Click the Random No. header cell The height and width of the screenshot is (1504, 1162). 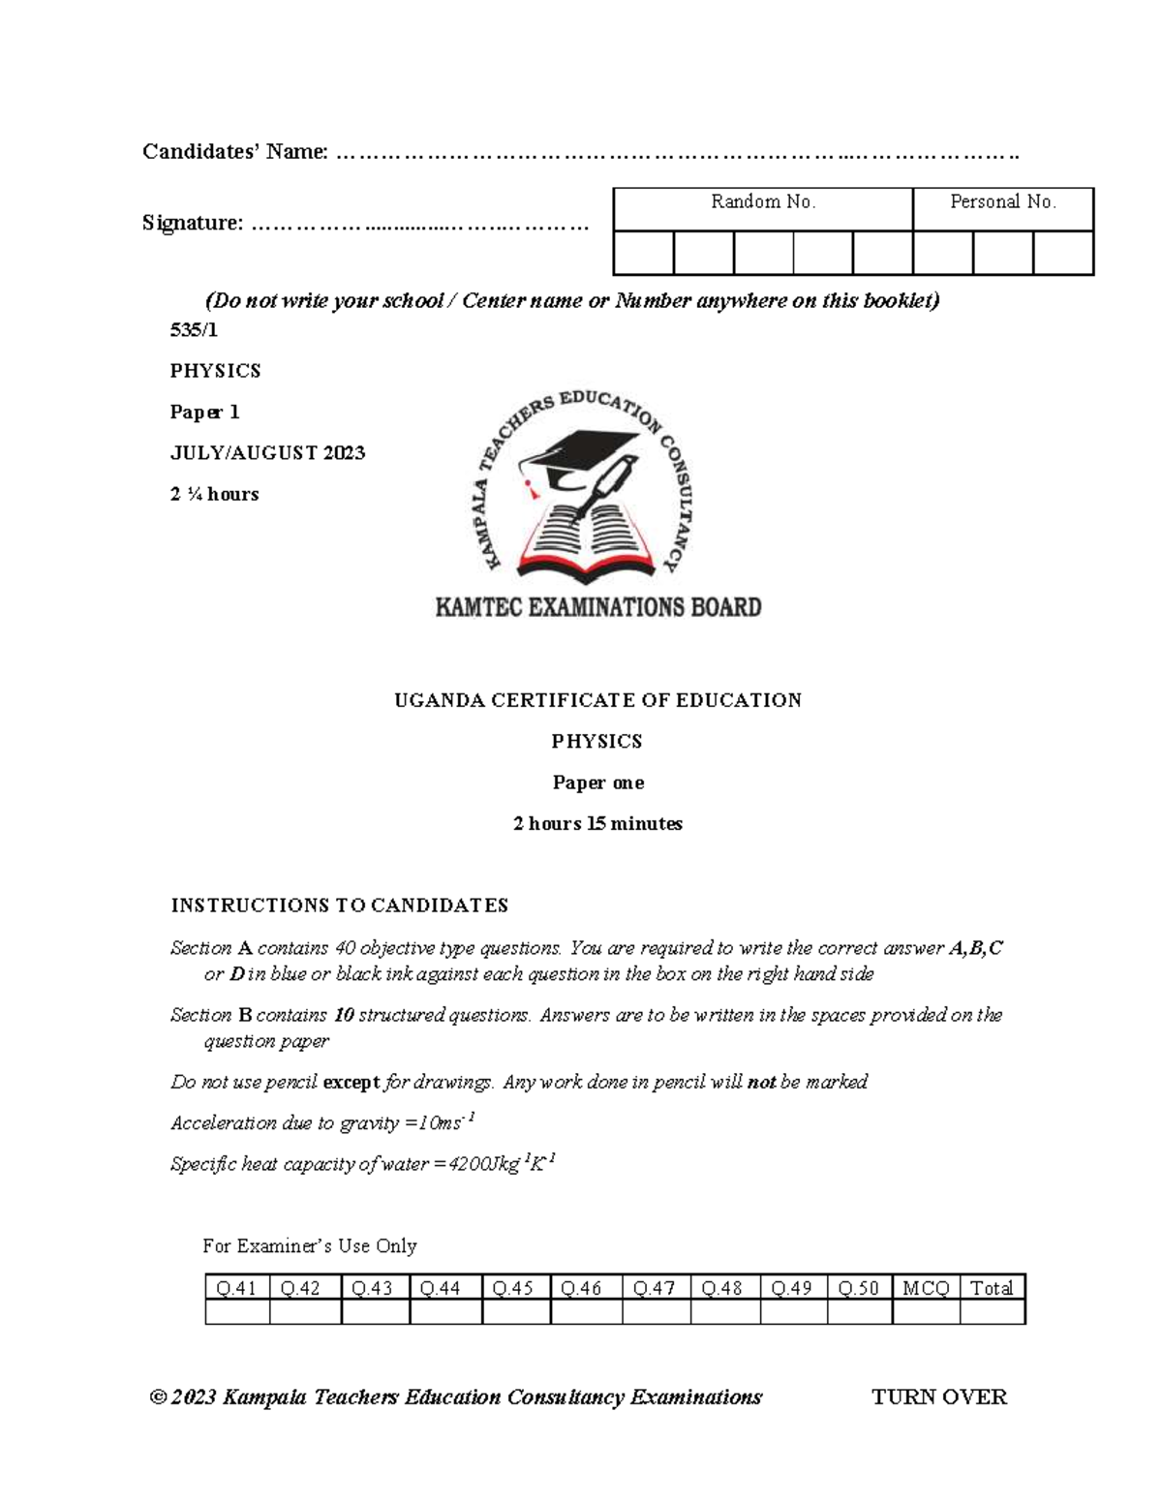pos(763,202)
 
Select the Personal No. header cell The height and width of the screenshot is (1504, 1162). pos(1002,202)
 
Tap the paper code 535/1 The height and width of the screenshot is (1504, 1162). pos(194,330)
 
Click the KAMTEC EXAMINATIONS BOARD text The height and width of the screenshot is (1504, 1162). pos(597,608)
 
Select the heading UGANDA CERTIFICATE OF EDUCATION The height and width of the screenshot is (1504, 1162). pos(597,700)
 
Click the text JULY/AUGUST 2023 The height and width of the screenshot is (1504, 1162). pos(267,453)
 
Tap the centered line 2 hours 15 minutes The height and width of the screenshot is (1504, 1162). pos(597,824)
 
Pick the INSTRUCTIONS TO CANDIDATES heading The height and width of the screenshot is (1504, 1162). pos(339,906)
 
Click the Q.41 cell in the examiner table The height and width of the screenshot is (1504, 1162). pos(237,1288)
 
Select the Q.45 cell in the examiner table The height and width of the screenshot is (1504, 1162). pos(515,1288)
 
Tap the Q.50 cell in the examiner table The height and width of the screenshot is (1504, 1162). pos(859,1288)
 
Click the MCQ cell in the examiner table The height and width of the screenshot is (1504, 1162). pos(925,1288)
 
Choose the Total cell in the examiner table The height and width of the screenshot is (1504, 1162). pos(992,1288)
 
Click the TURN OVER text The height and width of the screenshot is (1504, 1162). pos(938,1397)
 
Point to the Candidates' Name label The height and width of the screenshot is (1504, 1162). pos(234,152)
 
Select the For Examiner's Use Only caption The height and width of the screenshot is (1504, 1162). pos(309,1246)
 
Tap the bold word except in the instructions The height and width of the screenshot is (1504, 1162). pos(351,1082)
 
